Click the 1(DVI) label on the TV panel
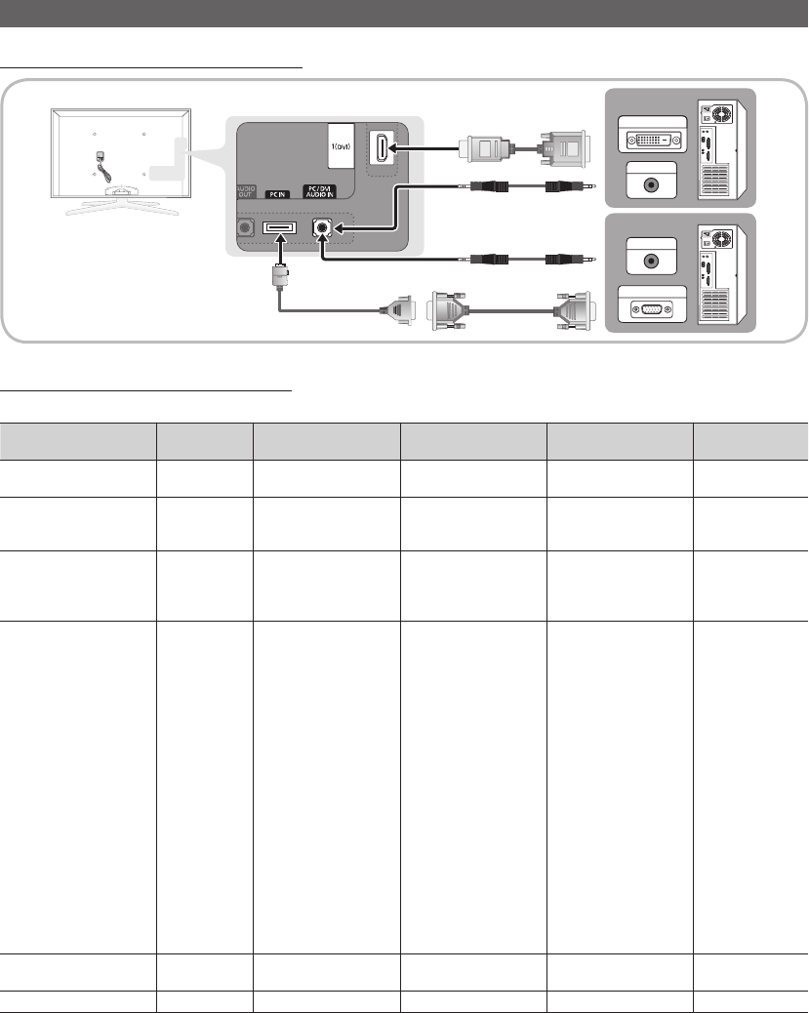[341, 146]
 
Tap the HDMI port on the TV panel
[382, 147]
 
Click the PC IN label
[277, 194]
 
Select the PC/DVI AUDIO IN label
[320, 192]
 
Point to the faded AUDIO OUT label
[245, 192]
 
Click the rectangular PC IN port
[279, 227]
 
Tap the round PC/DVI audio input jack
[322, 227]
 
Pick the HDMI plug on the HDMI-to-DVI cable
[482, 148]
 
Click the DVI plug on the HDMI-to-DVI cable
[563, 148]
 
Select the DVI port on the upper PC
[653, 139]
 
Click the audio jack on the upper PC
[651, 184]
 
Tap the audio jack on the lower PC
[651, 261]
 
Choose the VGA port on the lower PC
[652, 308]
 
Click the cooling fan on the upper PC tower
[722, 114]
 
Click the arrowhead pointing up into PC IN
[280, 239]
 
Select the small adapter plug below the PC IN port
[280, 276]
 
